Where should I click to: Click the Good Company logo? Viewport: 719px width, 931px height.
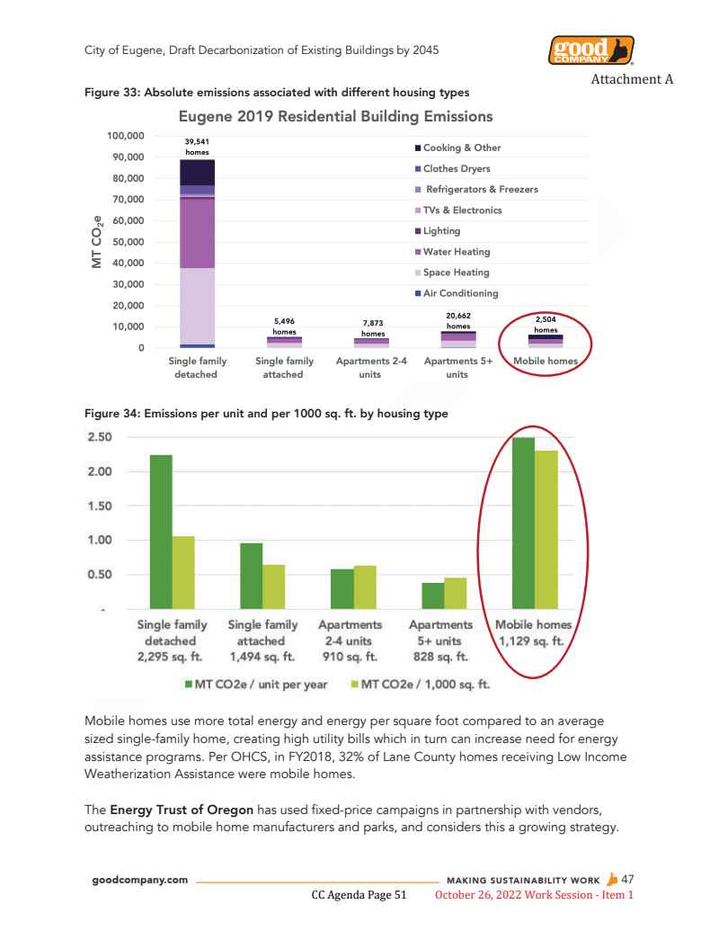(590, 50)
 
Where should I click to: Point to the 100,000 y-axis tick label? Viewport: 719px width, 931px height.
(126, 136)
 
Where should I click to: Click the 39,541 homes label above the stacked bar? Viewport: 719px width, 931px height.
(197, 147)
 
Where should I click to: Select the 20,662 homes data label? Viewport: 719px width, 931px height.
(458, 321)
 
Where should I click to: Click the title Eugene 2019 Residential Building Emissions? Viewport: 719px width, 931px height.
(335, 117)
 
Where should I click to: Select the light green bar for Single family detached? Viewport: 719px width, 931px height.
(183, 573)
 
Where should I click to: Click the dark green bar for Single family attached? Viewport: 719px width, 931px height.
(251, 577)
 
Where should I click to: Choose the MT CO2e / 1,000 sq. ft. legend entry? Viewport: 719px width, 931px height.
(419, 685)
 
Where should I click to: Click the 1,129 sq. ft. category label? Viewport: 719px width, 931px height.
(534, 657)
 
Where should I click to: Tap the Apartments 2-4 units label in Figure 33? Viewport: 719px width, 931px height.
(370, 367)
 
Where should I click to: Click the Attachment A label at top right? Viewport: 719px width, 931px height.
(631, 78)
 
